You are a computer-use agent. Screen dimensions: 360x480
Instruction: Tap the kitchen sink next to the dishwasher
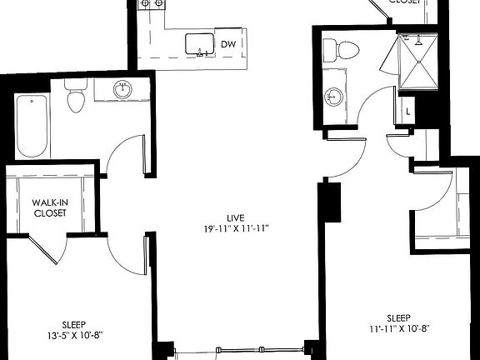click(x=197, y=43)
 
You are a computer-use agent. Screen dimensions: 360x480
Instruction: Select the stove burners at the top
click(x=150, y=4)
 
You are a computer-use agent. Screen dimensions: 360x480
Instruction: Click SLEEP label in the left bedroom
click(x=74, y=324)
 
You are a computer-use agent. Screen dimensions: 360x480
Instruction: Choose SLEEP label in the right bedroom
click(x=397, y=317)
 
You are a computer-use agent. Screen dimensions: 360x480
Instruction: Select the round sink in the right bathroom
click(x=334, y=97)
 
